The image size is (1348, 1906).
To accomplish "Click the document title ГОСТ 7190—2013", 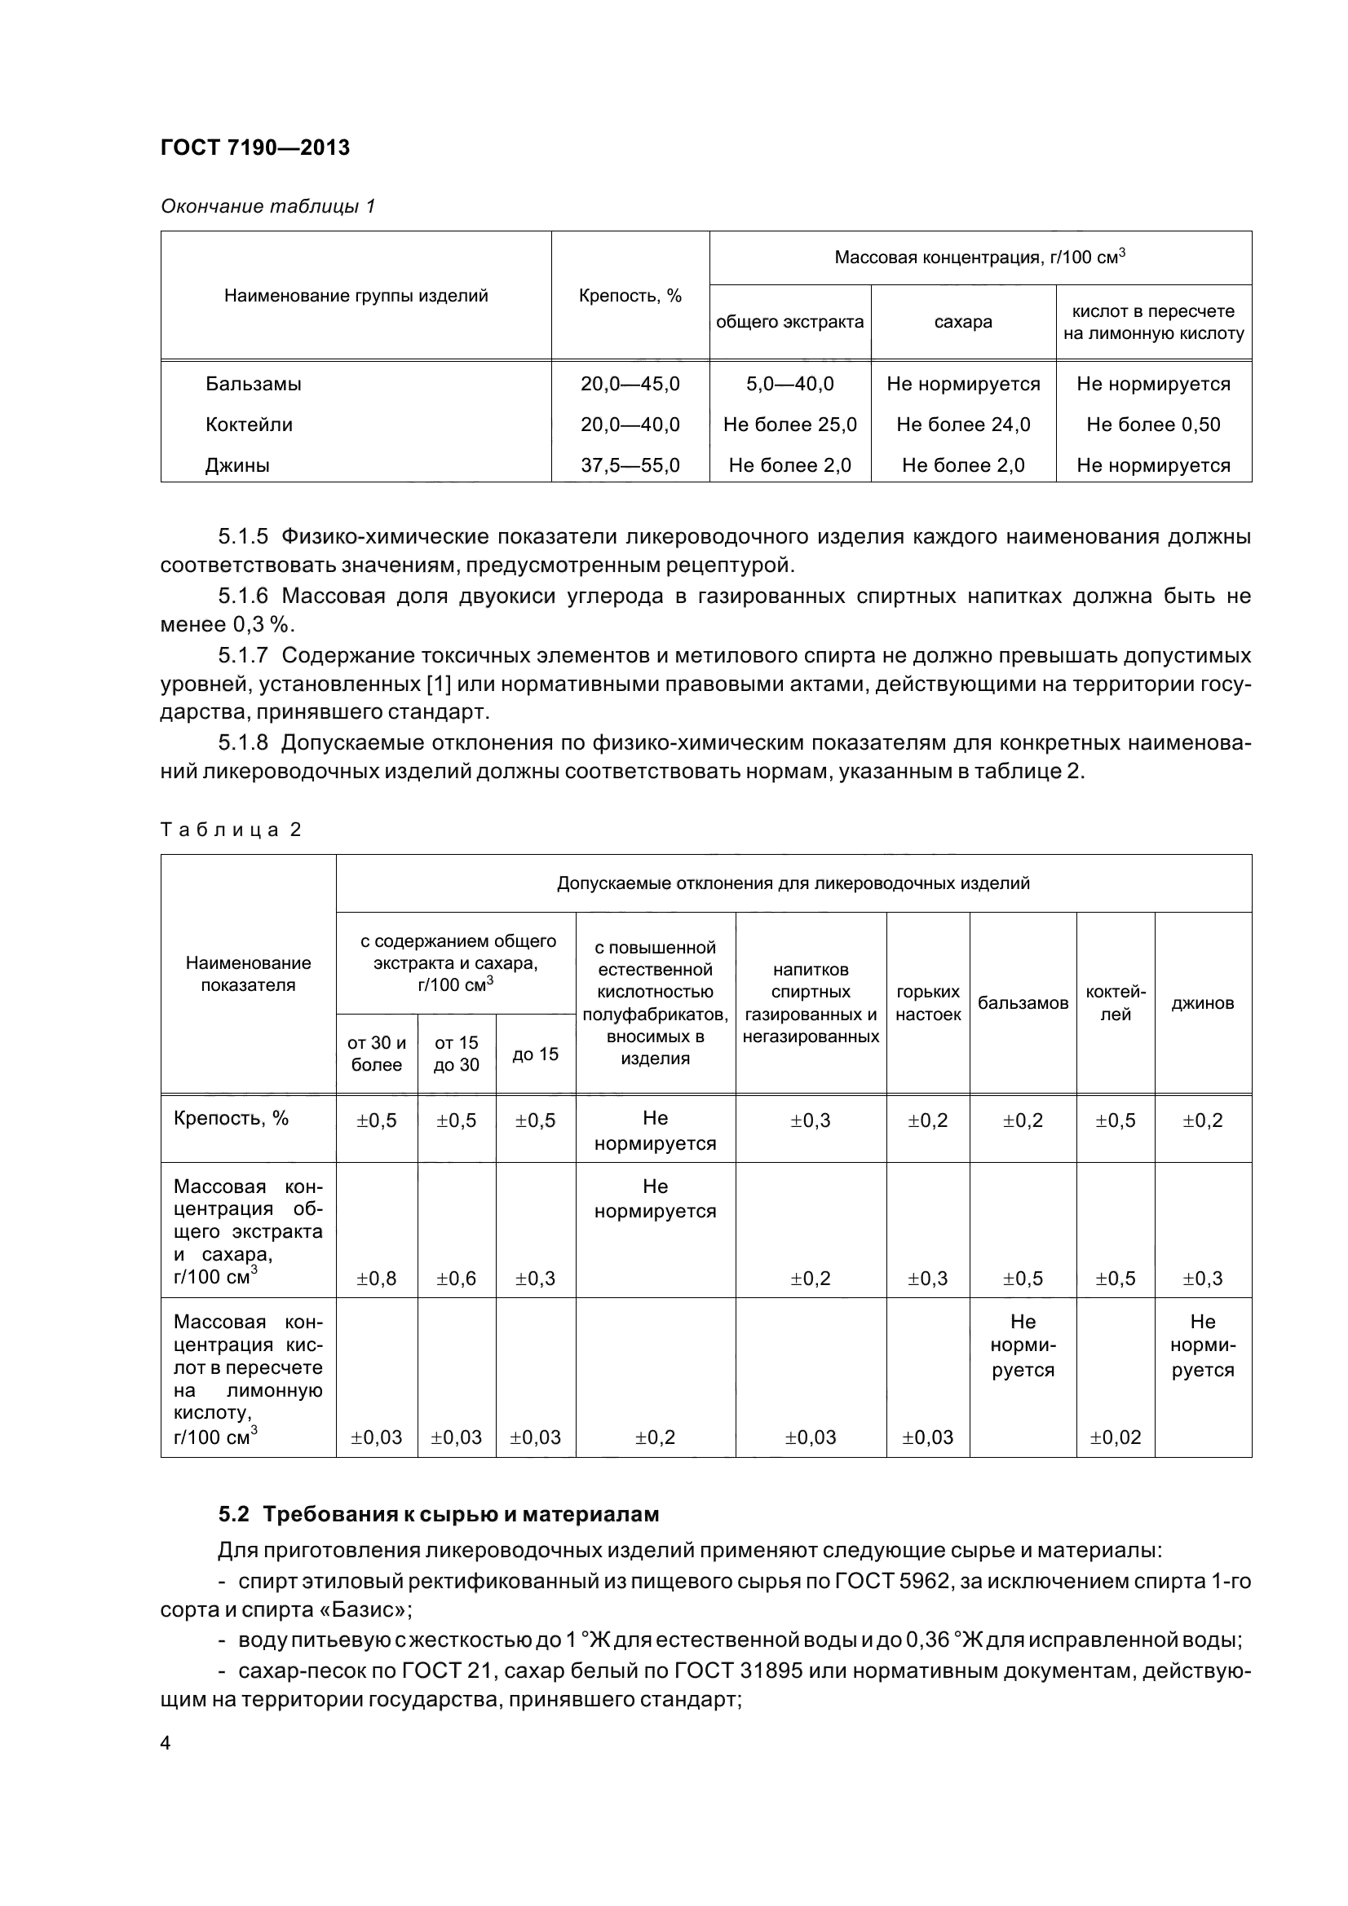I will (x=255, y=147).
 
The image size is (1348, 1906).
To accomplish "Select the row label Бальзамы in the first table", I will (x=254, y=384).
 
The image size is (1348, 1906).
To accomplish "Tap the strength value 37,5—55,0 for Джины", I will (x=630, y=464).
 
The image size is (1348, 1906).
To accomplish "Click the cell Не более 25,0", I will (x=789, y=425).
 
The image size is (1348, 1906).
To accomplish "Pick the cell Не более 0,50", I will (x=1153, y=425).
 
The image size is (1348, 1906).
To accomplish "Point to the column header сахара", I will (x=962, y=322).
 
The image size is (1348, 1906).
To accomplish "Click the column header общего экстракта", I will (x=789, y=322).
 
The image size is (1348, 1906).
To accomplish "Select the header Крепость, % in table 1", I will (x=630, y=296).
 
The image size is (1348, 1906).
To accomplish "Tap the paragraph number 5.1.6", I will (x=243, y=596).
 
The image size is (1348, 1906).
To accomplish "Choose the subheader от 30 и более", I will (x=376, y=1054).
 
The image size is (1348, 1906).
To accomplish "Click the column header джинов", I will (x=1202, y=1003).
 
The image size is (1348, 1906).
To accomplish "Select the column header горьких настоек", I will (x=928, y=1003).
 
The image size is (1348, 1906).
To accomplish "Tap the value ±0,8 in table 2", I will (x=376, y=1279).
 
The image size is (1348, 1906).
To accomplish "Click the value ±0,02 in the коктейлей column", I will (x=1115, y=1437).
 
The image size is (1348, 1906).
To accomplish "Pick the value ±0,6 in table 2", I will (x=456, y=1279).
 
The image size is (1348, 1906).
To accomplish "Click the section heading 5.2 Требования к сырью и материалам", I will (x=439, y=1514).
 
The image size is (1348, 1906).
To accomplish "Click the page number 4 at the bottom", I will (x=166, y=1742).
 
